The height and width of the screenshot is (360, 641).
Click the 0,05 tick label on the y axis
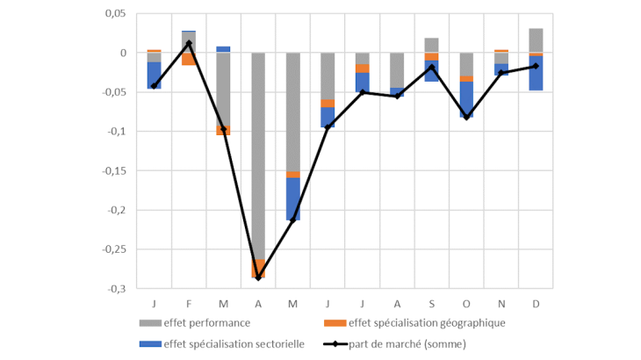[x=114, y=14]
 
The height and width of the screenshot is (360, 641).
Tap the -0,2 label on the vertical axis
[x=117, y=210]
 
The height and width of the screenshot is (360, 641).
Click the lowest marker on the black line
[x=258, y=277]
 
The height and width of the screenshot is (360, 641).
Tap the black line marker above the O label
[x=466, y=118]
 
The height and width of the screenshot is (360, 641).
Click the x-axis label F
[x=189, y=303]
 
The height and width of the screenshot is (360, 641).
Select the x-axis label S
[x=432, y=303]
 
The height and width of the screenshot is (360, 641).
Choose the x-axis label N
[x=501, y=303]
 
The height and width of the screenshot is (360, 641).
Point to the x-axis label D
[x=536, y=303]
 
